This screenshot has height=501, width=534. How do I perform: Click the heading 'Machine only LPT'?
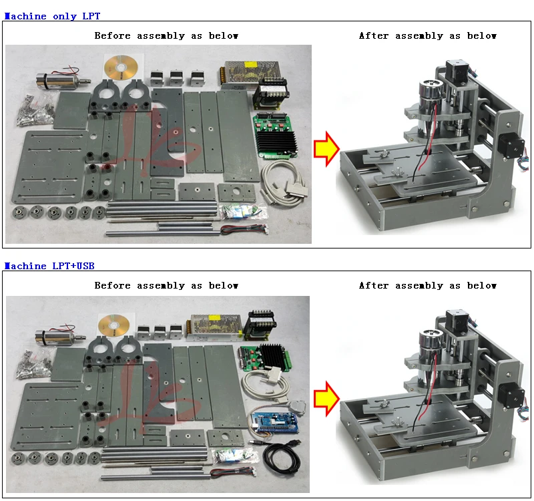point(52,16)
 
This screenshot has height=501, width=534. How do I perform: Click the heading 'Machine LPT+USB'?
point(49,266)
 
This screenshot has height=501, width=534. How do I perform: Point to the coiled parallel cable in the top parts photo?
point(284,184)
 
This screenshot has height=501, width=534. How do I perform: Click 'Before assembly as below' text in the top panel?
point(166,35)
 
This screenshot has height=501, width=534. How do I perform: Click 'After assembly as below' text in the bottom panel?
point(427,285)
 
